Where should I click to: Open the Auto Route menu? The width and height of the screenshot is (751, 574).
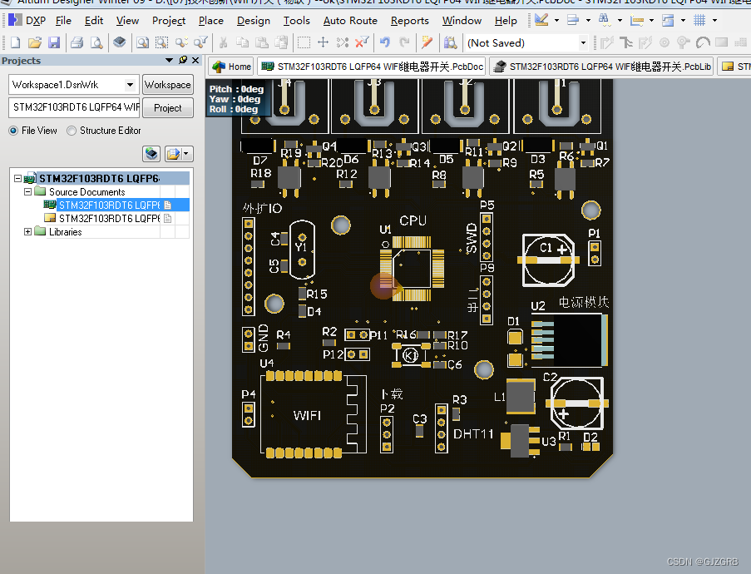point(350,21)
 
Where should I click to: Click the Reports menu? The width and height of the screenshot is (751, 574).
point(410,21)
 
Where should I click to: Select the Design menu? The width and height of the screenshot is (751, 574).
point(254,21)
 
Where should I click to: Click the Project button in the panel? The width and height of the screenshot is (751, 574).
point(167,107)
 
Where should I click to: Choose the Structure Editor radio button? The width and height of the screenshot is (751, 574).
point(72,131)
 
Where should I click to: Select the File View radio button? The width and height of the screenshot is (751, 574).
point(14,131)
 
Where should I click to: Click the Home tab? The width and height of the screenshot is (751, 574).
point(231,67)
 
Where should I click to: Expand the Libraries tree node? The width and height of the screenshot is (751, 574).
point(28,232)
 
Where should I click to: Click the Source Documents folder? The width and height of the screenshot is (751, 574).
point(86,192)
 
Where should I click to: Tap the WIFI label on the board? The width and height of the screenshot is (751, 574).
point(307,415)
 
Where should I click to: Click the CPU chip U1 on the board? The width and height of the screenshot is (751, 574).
point(413,268)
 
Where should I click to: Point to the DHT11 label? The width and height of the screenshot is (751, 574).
point(473,434)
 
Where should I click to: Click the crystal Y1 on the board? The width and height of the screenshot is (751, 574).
point(301,248)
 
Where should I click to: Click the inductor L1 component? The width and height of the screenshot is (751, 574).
point(521,396)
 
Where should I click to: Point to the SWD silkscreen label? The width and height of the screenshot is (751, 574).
point(472,238)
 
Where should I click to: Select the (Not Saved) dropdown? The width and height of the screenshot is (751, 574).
point(526,43)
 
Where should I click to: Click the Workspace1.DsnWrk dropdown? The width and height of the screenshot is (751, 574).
point(74,85)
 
